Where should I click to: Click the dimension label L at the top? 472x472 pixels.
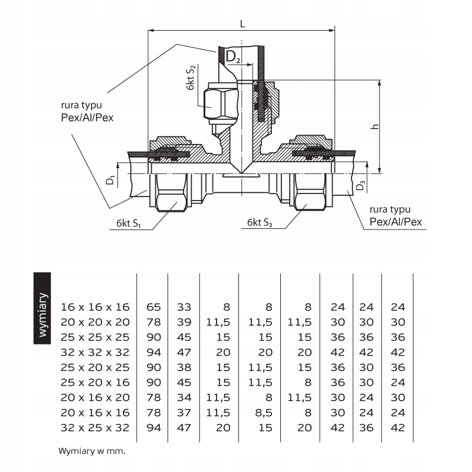[x=243, y=23]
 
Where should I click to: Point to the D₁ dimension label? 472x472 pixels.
[x=110, y=178]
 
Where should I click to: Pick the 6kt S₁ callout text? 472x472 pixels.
[x=129, y=224]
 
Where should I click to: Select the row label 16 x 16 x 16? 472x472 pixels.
[x=94, y=307]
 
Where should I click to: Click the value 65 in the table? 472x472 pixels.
[x=153, y=307]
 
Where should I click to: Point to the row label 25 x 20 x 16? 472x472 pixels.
[x=94, y=382]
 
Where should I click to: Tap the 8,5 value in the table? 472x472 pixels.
[x=265, y=412]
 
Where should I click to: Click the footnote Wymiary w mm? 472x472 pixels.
[x=93, y=452]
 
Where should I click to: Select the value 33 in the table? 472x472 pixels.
[x=184, y=307]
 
